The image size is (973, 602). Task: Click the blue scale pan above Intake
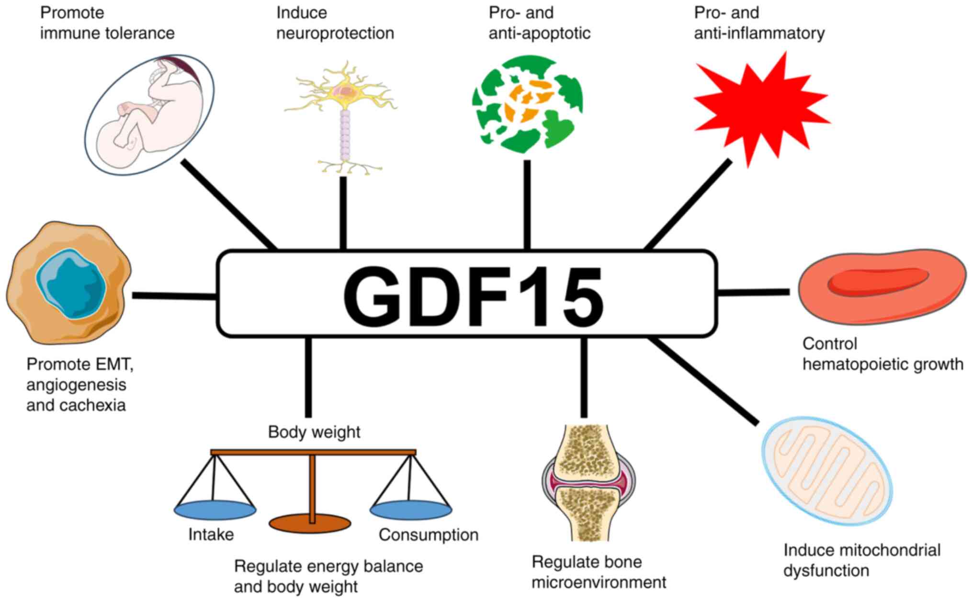pos(215,510)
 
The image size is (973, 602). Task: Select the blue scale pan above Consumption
pos(411,510)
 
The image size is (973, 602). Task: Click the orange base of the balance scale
pos(310,524)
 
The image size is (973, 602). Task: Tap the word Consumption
pos(428,535)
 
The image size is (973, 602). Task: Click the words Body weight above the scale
pos(314,432)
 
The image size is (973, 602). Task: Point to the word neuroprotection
pos(335,34)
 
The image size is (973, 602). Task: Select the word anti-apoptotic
pos(539,34)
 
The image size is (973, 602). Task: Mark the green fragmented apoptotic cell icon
pos(527,104)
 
